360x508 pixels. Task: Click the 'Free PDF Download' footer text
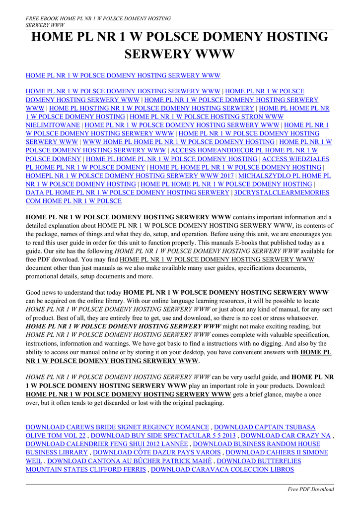click(311, 489)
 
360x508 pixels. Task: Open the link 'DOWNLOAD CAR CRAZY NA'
click(286, 435)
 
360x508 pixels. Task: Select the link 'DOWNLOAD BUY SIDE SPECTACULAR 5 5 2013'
click(163, 435)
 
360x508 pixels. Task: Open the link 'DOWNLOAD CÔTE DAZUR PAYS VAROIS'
click(157, 452)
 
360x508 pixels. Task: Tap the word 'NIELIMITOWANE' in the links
click(53, 125)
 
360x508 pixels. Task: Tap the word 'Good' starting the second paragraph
click(34, 292)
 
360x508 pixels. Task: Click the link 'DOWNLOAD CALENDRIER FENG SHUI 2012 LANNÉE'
click(107, 444)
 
